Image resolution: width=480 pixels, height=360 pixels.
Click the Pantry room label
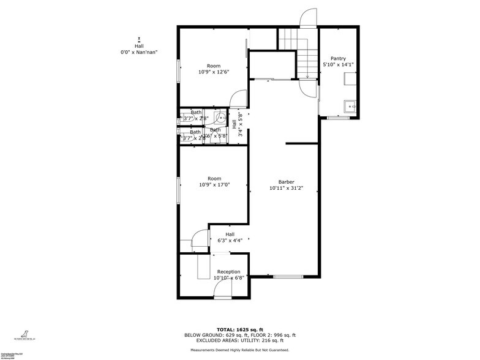click(x=338, y=59)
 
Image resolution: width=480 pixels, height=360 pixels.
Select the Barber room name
click(x=286, y=182)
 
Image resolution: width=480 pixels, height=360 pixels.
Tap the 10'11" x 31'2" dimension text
click(x=286, y=189)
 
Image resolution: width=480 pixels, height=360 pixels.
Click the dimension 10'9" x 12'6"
click(x=213, y=72)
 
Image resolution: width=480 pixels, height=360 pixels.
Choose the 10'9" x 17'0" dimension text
click(x=213, y=185)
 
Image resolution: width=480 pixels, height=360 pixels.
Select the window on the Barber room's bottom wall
click(x=288, y=277)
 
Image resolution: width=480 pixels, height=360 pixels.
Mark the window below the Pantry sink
click(x=337, y=117)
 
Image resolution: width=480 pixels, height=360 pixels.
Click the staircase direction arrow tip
click(x=307, y=76)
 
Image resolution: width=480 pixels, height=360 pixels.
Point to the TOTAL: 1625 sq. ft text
click(x=240, y=329)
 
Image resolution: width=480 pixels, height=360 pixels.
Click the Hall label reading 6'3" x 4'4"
click(x=230, y=238)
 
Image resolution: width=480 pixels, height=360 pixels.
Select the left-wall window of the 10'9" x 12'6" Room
click(x=179, y=72)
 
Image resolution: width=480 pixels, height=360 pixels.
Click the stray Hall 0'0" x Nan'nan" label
click(x=140, y=49)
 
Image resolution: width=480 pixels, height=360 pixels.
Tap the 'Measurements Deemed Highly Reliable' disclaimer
click(x=240, y=350)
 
